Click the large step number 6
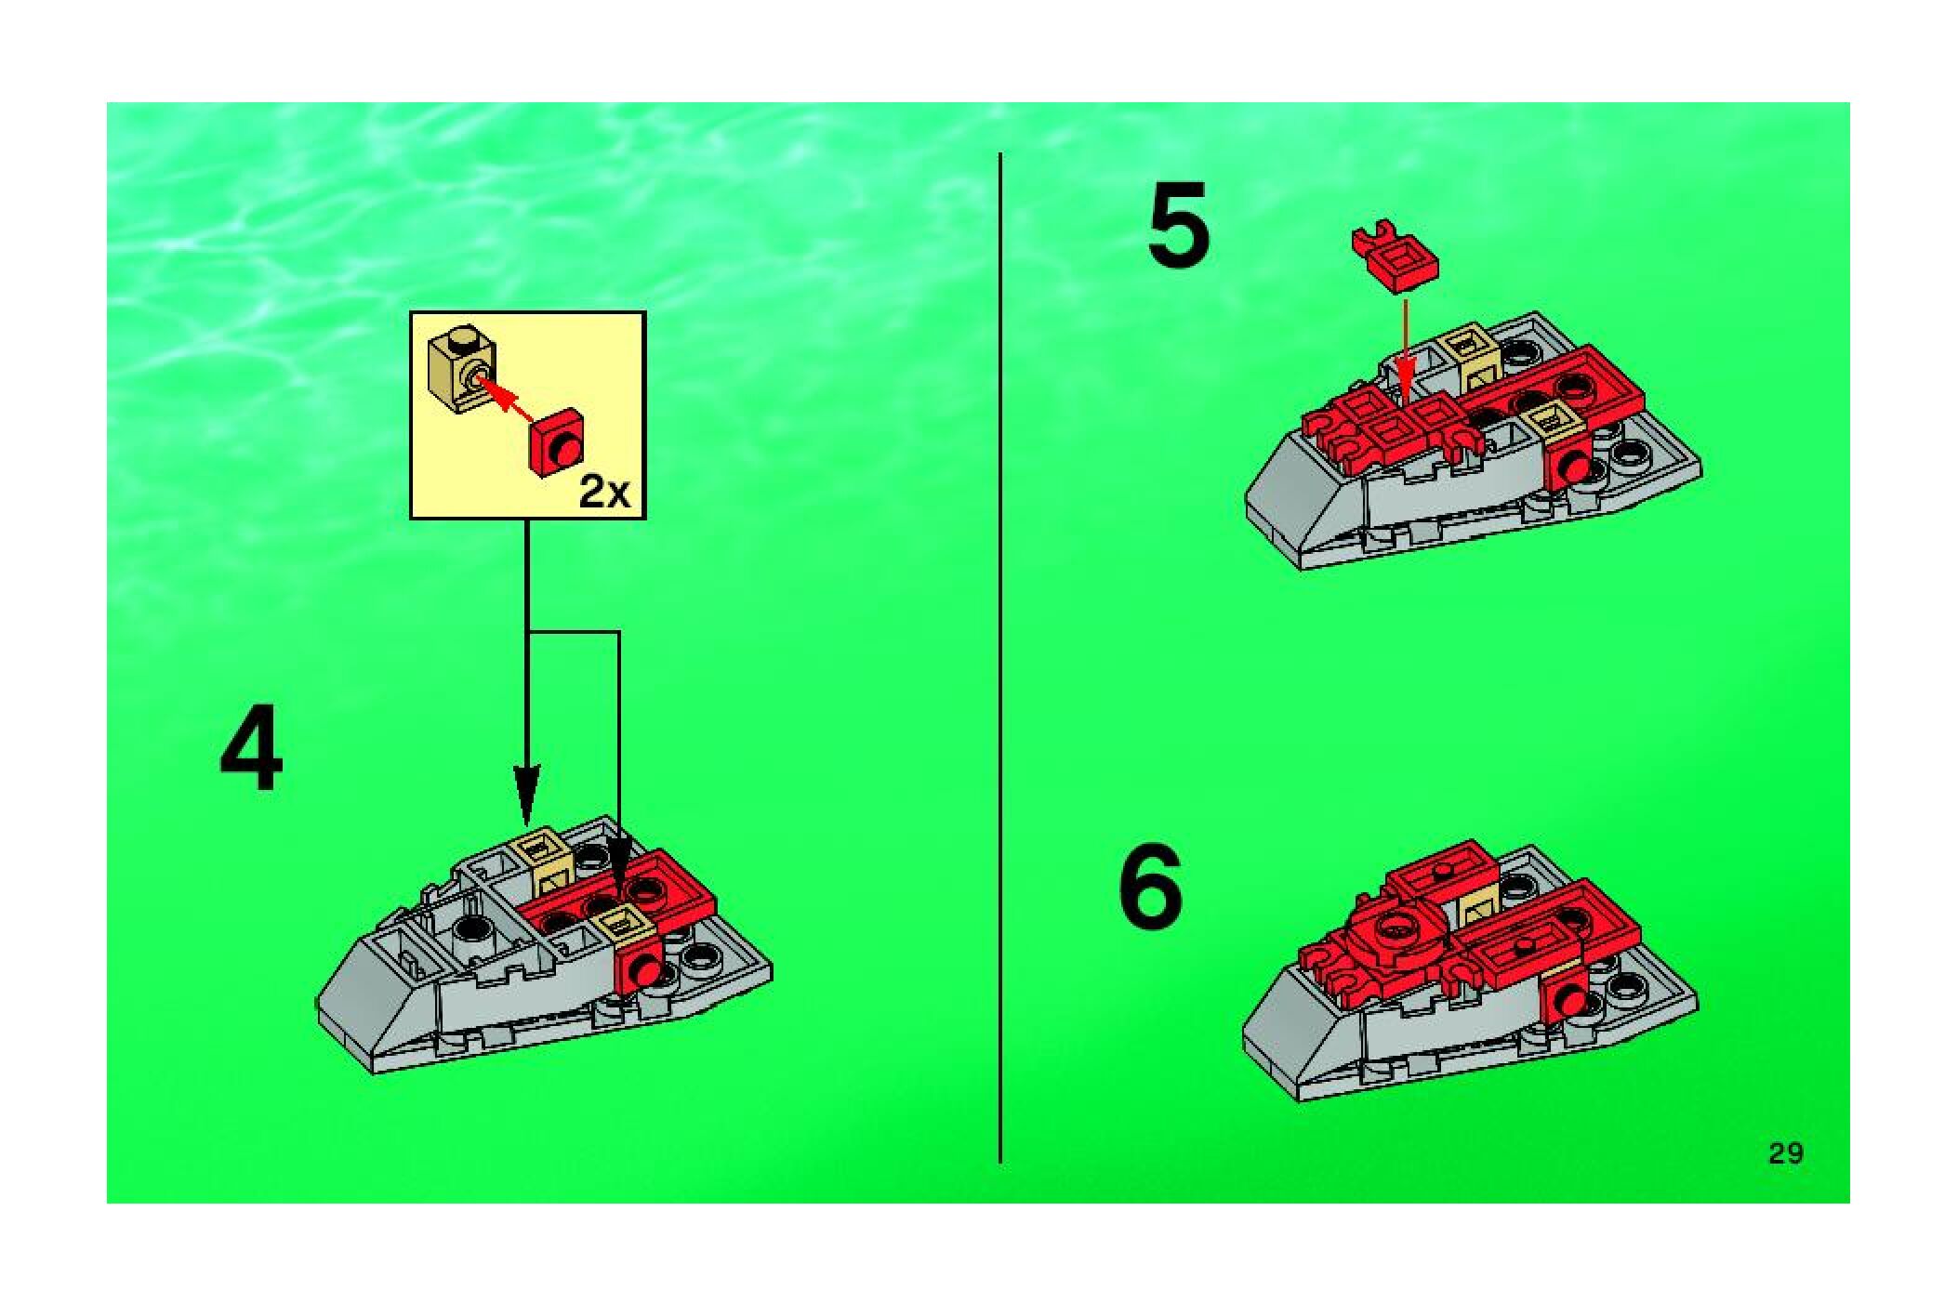pos(1151,886)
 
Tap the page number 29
pos(1785,1153)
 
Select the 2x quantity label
pos(604,491)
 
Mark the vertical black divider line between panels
pos(999,657)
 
